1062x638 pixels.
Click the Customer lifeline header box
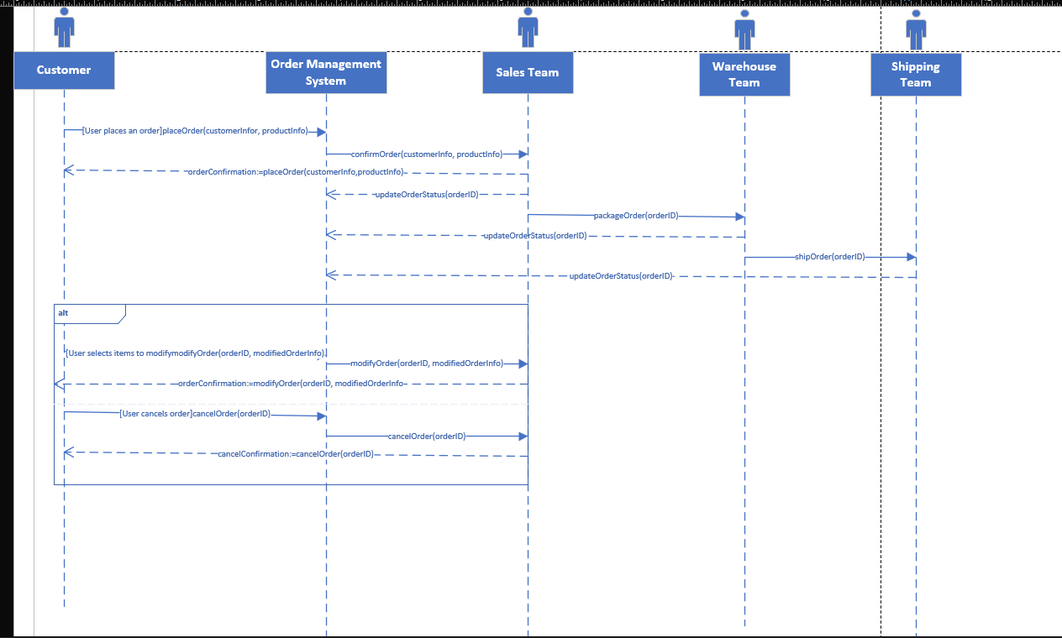(64, 71)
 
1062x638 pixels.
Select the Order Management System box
(326, 73)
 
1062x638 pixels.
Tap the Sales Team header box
(528, 73)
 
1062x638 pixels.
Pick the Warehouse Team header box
(744, 75)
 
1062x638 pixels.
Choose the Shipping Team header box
(916, 75)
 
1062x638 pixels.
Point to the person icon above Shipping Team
(916, 30)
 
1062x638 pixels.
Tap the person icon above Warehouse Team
(744, 30)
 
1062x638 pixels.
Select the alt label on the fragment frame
(63, 313)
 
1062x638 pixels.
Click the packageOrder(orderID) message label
(635, 216)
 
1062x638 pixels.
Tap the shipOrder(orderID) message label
(829, 257)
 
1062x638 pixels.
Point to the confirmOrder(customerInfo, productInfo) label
(426, 154)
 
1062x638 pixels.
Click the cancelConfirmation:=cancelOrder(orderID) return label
(295, 454)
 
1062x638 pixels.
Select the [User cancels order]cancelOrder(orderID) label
(195, 414)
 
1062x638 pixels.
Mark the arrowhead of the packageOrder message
(739, 217)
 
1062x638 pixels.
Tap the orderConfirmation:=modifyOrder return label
(292, 384)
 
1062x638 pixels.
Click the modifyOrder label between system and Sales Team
(426, 363)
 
